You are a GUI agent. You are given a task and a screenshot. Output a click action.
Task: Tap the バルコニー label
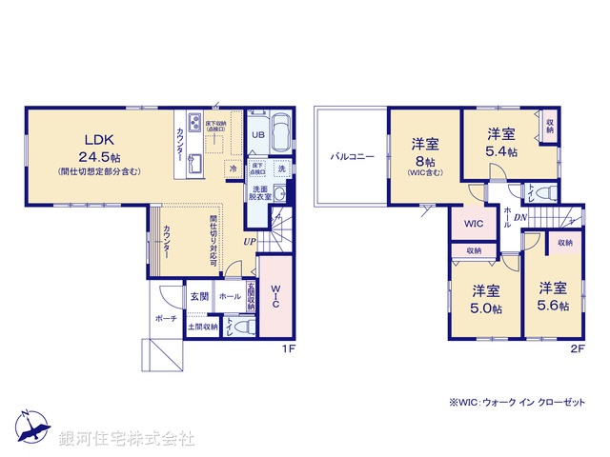[x=353, y=155]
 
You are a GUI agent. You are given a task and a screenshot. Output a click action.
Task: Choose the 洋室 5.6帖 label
[x=552, y=296]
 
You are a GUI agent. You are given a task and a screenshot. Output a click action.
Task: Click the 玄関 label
[x=198, y=296]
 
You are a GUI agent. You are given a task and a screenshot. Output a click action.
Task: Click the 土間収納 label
[x=202, y=328]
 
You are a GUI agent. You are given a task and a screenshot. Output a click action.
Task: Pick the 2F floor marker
[x=577, y=349]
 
